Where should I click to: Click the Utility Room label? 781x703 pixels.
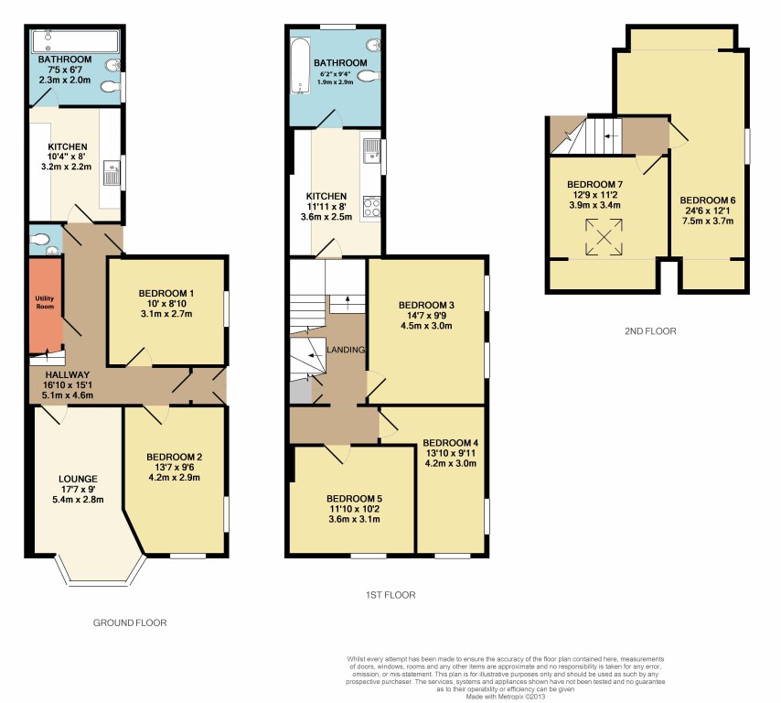pos(45,302)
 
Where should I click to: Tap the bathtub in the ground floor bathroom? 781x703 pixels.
pos(75,41)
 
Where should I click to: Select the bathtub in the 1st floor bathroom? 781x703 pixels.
pos(300,66)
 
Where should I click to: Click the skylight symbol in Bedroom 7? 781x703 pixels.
pos(604,236)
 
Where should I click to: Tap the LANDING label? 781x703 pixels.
pos(346,350)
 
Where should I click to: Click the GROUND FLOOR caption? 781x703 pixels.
pos(130,622)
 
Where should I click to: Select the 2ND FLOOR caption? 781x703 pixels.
pos(650,331)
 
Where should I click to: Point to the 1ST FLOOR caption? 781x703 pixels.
pos(390,595)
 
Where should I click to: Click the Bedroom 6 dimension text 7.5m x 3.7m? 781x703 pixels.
pos(708,221)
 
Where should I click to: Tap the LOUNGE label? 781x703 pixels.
pos(78,479)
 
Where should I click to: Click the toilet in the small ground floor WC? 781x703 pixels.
pos(40,240)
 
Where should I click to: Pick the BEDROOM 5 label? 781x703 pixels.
pos(354,499)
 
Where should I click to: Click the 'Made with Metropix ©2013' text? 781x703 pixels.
pos(506,697)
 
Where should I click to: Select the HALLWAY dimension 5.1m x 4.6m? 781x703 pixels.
pos(68,395)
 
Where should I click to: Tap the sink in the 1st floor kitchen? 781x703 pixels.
pos(371,150)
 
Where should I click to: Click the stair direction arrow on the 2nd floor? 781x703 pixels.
pos(611,135)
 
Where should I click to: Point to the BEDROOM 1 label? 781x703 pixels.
pos(166,293)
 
